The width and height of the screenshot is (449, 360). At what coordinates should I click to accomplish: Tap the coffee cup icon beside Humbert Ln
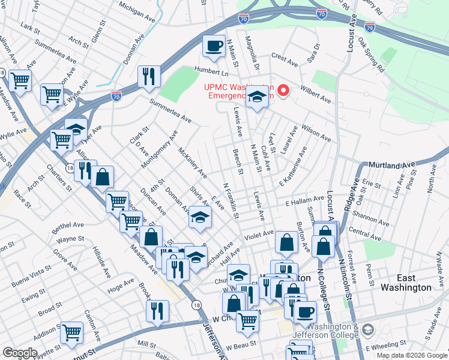pyautogui.click(x=213, y=46)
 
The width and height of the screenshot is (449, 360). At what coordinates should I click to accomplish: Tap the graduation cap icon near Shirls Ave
pyautogui.click(x=200, y=217)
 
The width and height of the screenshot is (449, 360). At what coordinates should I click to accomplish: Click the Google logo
pyautogui.click(x=19, y=353)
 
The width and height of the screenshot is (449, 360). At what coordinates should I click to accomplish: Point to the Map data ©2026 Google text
pyautogui.click(x=411, y=355)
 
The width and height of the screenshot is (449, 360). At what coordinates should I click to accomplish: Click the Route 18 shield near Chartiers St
pyautogui.click(x=70, y=170)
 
